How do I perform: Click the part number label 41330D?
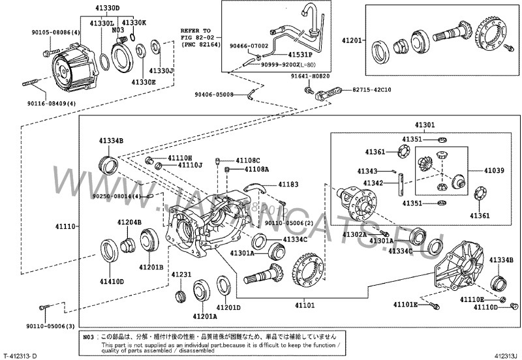108,8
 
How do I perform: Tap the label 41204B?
129,222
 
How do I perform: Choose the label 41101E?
405,305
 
